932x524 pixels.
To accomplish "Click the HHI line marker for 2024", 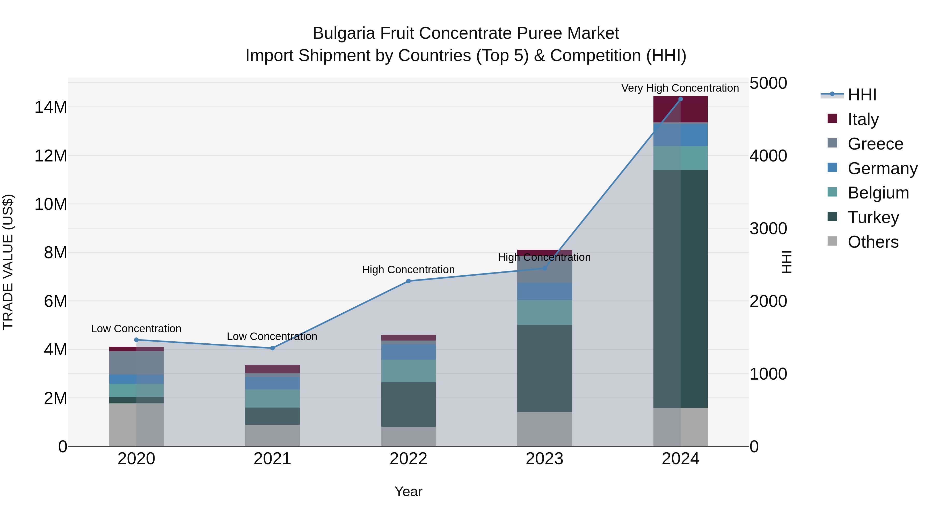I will (x=680, y=99).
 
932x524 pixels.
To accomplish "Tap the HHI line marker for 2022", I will (x=409, y=281).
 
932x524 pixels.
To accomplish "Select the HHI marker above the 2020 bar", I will (x=136, y=340).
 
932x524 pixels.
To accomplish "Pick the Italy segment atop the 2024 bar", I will (x=680, y=109).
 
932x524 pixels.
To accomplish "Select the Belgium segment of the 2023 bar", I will (x=544, y=312).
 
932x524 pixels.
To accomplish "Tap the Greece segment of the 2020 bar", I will (x=136, y=363).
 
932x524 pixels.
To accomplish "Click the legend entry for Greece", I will (x=875, y=144).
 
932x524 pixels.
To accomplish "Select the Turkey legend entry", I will (x=873, y=217).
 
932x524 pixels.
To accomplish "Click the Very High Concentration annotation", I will (x=680, y=88).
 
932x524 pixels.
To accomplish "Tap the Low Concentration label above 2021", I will (x=272, y=336).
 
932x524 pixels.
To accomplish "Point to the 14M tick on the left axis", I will (x=51, y=107).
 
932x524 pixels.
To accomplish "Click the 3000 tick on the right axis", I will (x=768, y=228).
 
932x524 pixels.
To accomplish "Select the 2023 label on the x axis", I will (x=544, y=459).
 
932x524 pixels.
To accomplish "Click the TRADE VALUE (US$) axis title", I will (x=8, y=262).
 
